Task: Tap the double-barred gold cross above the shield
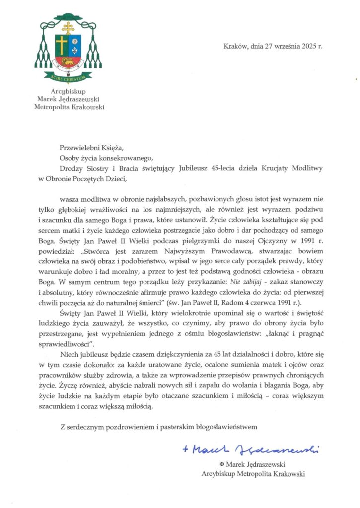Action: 68,27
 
